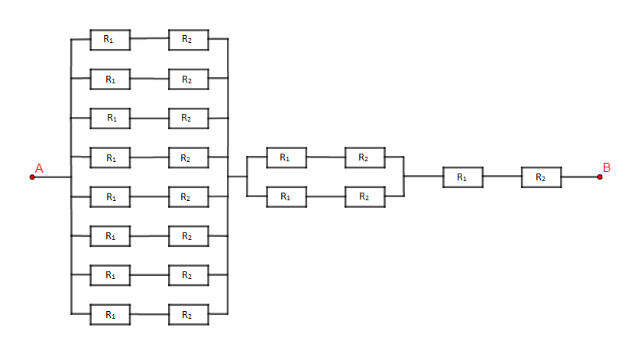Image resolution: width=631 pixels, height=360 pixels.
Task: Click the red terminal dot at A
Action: pos(32,177)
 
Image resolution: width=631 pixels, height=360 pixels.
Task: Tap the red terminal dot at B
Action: pos(600,177)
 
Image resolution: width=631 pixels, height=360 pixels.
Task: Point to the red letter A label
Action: pos(39,168)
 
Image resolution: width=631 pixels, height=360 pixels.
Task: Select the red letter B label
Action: pos(607,167)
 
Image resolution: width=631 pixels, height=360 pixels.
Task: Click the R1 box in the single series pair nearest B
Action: pos(463,177)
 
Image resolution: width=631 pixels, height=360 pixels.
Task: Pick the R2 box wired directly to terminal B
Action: pos(542,177)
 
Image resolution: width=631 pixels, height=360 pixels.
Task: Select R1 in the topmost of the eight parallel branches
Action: pos(110,40)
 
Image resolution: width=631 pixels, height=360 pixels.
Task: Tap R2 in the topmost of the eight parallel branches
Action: pos(189,40)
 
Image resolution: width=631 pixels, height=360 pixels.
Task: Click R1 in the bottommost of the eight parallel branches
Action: pos(110,314)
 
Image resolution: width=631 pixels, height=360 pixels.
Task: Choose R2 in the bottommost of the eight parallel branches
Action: pos(189,314)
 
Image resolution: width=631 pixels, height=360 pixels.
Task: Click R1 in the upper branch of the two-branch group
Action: pos(286,157)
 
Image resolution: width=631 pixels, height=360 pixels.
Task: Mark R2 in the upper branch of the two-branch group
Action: pos(365,157)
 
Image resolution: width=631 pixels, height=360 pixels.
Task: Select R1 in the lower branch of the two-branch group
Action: pos(286,197)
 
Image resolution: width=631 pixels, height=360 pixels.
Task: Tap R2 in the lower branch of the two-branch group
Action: pos(365,197)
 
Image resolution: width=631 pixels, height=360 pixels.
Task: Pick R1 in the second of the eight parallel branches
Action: pos(110,79)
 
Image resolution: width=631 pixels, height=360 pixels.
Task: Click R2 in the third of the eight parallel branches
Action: pos(189,118)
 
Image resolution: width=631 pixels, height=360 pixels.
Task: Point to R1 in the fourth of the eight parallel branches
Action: pos(110,157)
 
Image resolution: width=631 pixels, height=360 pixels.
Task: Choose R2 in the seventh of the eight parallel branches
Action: pos(189,275)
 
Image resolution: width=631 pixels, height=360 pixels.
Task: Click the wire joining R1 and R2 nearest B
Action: pos(502,177)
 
